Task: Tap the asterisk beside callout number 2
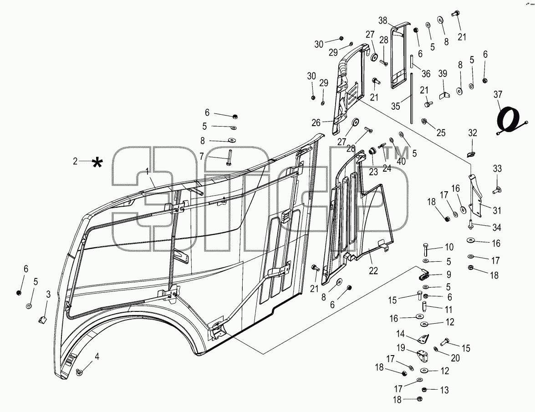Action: point(97,163)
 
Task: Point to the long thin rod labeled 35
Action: point(412,99)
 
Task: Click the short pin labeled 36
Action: point(412,62)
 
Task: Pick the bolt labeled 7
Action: point(228,157)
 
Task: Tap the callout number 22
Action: point(373,270)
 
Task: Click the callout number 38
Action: point(382,20)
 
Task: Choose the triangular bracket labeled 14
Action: point(424,339)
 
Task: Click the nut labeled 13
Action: point(424,390)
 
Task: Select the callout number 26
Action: point(316,122)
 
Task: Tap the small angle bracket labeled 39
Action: point(444,94)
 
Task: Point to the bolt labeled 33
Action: point(496,190)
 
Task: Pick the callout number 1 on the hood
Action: point(148,171)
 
